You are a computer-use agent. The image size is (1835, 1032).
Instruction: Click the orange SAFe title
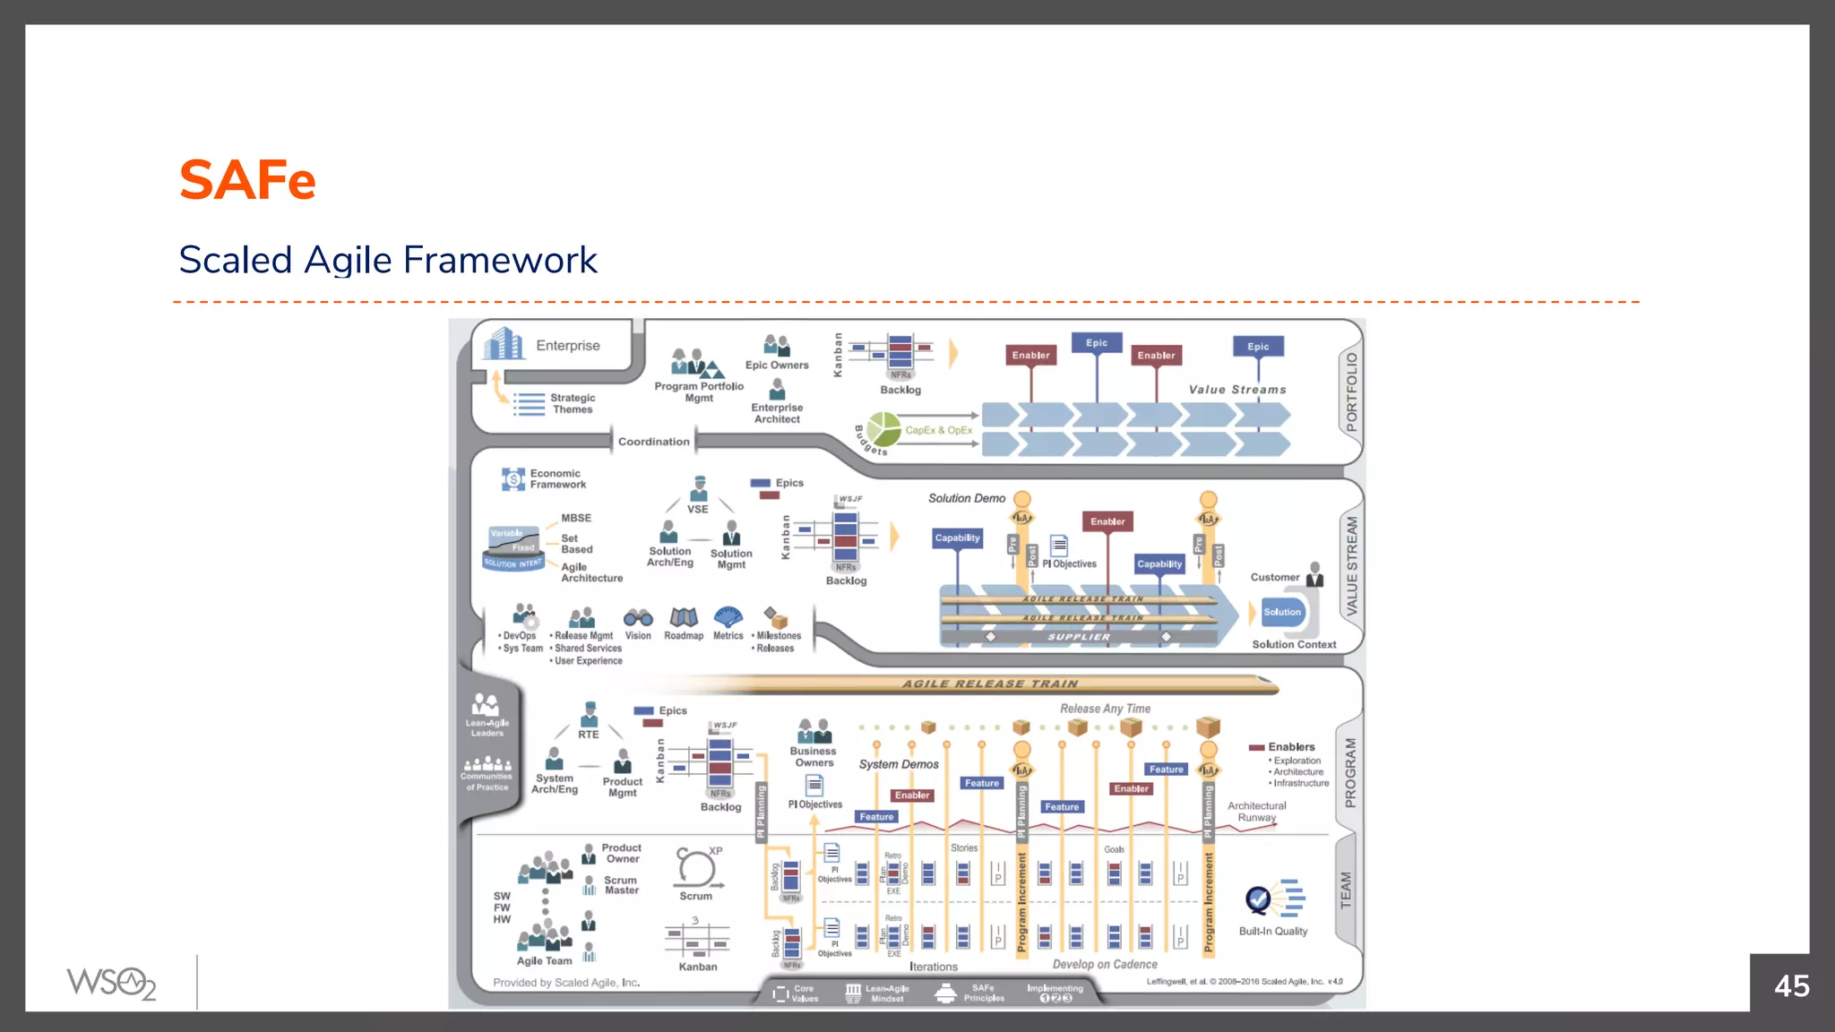point(247,181)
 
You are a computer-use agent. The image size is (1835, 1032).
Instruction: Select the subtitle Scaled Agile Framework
point(387,261)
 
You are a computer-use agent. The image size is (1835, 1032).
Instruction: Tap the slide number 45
point(1791,986)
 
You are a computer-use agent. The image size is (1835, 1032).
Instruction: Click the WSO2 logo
point(111,983)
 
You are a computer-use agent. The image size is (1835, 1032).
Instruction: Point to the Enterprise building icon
point(504,343)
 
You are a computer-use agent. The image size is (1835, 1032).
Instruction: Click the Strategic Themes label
point(573,403)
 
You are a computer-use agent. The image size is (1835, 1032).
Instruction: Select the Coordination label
point(653,442)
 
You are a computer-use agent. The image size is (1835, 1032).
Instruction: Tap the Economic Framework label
point(557,479)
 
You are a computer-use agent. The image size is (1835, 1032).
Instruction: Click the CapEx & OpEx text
point(938,430)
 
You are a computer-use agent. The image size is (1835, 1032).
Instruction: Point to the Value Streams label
point(1236,390)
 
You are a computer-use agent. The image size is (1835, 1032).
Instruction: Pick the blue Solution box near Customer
point(1282,612)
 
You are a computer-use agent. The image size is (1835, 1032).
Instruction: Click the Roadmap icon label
point(684,636)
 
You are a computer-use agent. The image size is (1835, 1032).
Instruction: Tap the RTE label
point(588,735)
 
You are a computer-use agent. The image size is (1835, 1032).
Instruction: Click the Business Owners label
point(813,757)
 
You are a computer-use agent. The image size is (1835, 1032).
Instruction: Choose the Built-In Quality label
point(1272,932)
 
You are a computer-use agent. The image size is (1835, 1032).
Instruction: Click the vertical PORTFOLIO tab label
point(1351,391)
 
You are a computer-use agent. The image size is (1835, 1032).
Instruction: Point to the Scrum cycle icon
point(695,867)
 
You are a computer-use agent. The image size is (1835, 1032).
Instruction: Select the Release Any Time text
point(1105,709)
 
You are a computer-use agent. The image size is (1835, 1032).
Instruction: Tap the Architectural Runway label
point(1256,812)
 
